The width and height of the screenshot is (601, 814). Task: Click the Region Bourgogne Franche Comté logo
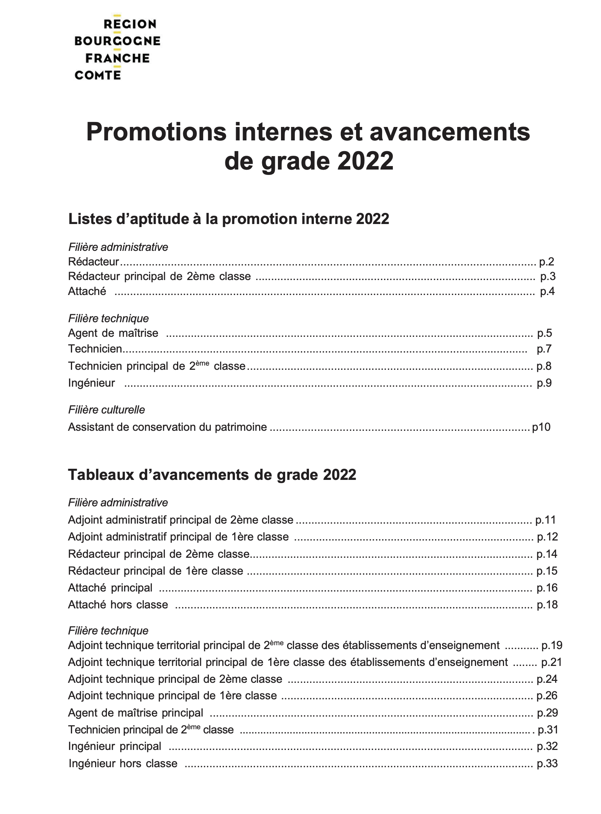pyautogui.click(x=117, y=49)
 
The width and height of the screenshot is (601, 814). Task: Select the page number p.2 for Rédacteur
pyautogui.click(x=547, y=262)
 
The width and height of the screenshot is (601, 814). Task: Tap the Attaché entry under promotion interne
pyautogui.click(x=87, y=292)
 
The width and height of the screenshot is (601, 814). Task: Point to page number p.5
pyautogui.click(x=544, y=333)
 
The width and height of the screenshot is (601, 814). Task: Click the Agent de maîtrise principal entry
pyautogui.click(x=135, y=713)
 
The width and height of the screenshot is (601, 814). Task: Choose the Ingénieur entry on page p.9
pyautogui.click(x=91, y=383)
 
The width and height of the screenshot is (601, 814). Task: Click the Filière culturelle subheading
pyautogui.click(x=107, y=410)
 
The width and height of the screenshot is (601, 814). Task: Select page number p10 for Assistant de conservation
pyautogui.click(x=541, y=427)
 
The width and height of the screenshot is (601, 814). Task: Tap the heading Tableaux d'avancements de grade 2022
pyautogui.click(x=212, y=475)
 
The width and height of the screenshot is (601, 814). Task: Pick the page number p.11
pyautogui.click(x=545, y=520)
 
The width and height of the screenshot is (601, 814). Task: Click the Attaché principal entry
pyautogui.click(x=110, y=588)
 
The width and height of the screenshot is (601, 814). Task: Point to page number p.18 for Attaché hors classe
pyautogui.click(x=547, y=605)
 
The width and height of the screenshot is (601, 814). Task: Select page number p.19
pyautogui.click(x=552, y=645)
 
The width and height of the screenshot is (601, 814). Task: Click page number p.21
pyautogui.click(x=552, y=662)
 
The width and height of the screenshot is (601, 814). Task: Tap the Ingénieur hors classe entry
pyautogui.click(x=123, y=763)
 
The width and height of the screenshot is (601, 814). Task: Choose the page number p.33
pyautogui.click(x=547, y=763)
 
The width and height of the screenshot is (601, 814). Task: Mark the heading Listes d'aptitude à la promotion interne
pyautogui.click(x=228, y=219)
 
